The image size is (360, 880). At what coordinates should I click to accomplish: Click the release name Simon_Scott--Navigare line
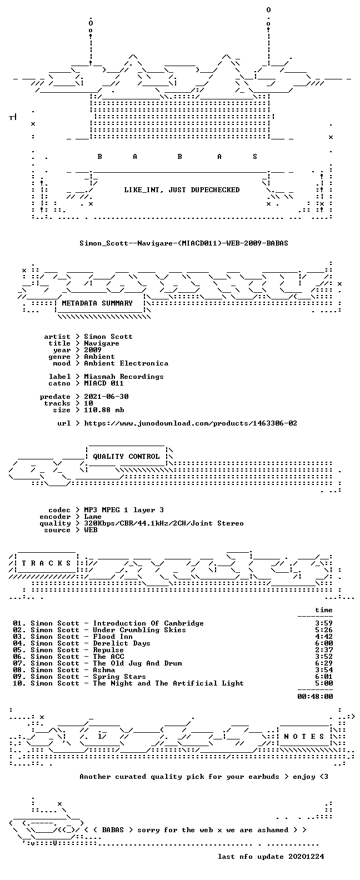[183, 243]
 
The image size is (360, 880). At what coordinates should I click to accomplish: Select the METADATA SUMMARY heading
[97, 303]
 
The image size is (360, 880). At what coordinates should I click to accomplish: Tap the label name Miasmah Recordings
[124, 376]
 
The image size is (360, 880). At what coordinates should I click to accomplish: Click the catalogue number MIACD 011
[104, 383]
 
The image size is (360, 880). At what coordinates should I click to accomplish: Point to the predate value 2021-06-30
[106, 397]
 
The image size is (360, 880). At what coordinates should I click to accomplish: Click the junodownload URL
[191, 423]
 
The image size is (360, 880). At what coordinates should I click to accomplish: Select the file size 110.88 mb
[104, 410]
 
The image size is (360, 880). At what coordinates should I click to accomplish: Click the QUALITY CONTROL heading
[126, 457]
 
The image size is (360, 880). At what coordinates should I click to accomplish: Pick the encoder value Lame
[93, 517]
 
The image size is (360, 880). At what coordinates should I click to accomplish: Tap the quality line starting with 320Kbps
[164, 523]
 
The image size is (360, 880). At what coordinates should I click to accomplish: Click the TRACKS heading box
[46, 563]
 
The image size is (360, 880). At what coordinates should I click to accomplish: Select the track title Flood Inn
[113, 637]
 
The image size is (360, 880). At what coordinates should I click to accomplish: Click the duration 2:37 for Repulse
[324, 650]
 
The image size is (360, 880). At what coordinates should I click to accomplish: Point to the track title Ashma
[104, 670]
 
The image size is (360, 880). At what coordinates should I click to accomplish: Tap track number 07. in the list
[19, 663]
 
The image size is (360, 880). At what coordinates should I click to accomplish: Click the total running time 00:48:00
[315, 697]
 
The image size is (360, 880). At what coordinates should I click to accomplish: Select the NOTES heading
[304, 736]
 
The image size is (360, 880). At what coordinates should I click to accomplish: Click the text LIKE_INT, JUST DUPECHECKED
[182, 190]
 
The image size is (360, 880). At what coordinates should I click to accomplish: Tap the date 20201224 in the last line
[306, 857]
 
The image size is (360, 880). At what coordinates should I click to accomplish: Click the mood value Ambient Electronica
[126, 363]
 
